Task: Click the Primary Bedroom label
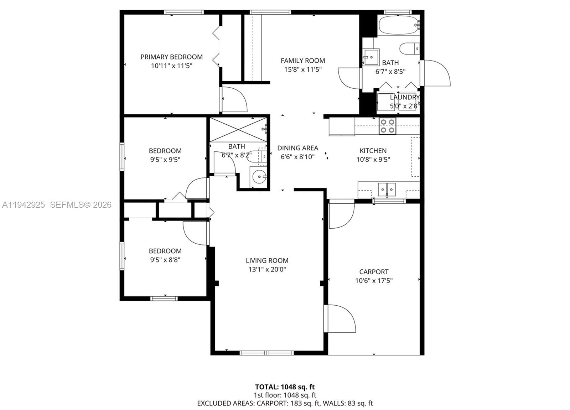point(171,57)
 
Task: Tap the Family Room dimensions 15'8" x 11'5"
point(302,69)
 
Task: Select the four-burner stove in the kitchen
point(387,126)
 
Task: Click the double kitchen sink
point(387,189)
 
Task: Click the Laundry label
point(404,97)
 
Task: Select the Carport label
point(374,272)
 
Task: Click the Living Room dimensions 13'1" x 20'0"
point(267,270)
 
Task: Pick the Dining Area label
point(297,148)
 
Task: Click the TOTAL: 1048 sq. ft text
point(285,387)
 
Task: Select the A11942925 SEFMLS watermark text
point(57,205)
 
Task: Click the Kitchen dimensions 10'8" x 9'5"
point(373,160)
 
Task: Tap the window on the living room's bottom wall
point(266,353)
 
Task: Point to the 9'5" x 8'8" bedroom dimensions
point(165,260)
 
